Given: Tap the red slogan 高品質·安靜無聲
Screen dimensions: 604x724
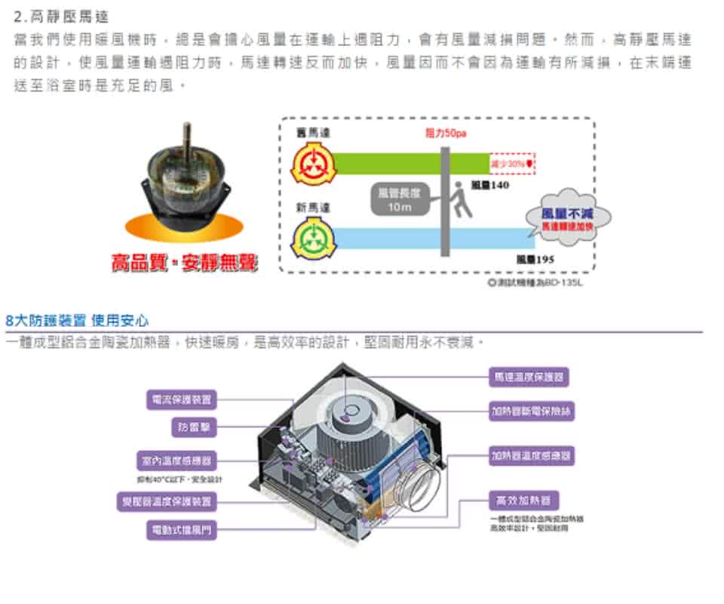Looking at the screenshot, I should click(183, 263).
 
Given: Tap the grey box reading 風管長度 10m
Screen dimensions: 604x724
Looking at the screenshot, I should click(396, 200).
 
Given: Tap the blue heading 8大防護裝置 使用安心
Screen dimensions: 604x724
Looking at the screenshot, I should click(78, 320).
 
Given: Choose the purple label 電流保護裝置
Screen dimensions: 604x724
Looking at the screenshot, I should click(182, 399).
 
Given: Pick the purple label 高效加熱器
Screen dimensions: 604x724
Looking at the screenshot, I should click(523, 501).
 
